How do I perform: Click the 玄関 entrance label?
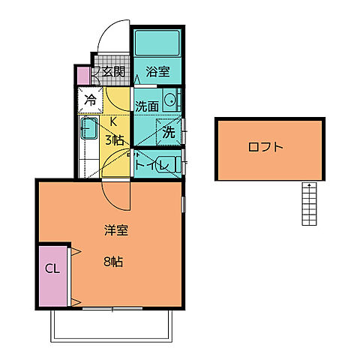[113, 73]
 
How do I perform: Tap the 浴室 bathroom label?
[157, 73]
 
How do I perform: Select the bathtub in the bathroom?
[157, 44]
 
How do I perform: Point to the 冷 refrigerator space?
[90, 98]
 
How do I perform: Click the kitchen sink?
[88, 129]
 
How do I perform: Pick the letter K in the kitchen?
[114, 122]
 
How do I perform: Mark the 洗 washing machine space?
[169, 130]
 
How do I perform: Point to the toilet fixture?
[171, 163]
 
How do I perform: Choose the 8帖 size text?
[114, 262]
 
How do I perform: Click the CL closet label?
[52, 269]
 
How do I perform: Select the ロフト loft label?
[265, 148]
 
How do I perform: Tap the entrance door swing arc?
[112, 35]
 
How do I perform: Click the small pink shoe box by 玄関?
[82, 74]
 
